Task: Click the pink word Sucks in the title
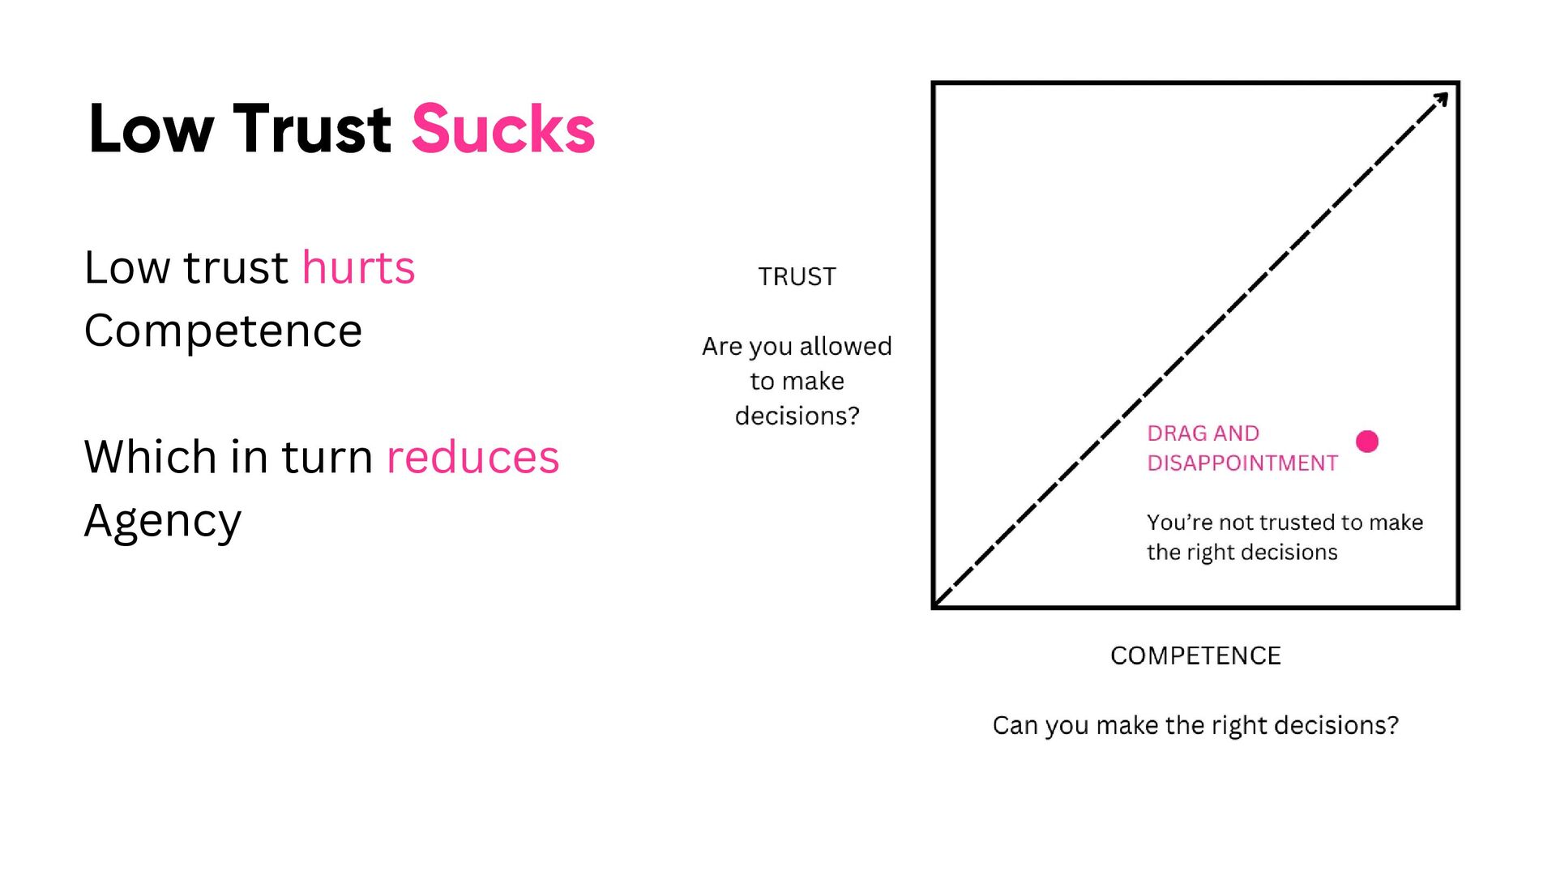click(503, 130)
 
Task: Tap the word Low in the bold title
click(152, 130)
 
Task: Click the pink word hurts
click(358, 267)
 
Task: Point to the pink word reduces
click(472, 457)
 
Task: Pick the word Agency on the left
click(163, 521)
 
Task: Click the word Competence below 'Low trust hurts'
click(223, 331)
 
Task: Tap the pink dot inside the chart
click(1367, 441)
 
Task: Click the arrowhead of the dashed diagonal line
click(1441, 100)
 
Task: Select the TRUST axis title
click(797, 277)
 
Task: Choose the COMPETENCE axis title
click(1195, 655)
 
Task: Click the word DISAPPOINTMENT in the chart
click(1242, 463)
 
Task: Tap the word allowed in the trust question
click(845, 347)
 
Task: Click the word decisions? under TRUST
click(797, 416)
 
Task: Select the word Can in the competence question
click(1014, 725)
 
